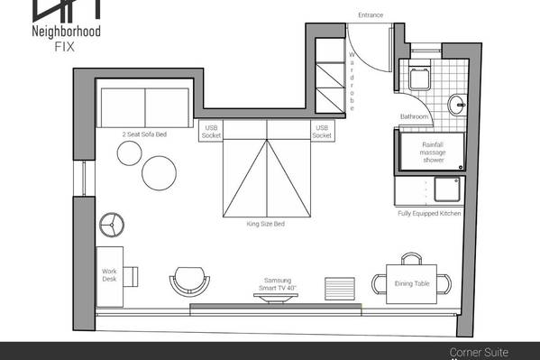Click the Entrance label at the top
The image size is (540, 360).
pos(371,15)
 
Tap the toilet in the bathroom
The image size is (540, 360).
pos(420,77)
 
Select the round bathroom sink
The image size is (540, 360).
pos(457,104)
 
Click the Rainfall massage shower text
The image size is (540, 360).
pos(433,152)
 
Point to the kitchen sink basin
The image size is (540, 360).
pos(447,189)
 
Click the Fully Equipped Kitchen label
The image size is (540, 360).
pos(429,214)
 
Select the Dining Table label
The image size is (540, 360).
pos(412,283)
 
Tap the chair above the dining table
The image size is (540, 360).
pos(412,259)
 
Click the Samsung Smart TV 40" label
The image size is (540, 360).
pos(278,284)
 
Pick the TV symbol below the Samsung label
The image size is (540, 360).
pos(276,298)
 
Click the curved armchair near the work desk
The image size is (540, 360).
pos(189,281)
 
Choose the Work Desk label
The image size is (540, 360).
pos(109,275)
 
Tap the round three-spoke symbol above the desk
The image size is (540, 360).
pos(112,225)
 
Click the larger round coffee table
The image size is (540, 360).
pos(159,173)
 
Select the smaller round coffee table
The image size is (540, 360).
pos(130,153)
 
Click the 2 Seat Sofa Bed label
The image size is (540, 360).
pos(144,134)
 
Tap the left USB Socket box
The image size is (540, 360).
pos(211,132)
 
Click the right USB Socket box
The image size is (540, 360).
pos(322,132)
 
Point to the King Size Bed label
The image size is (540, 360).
pos(266,224)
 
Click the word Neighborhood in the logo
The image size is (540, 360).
pos(66,32)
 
